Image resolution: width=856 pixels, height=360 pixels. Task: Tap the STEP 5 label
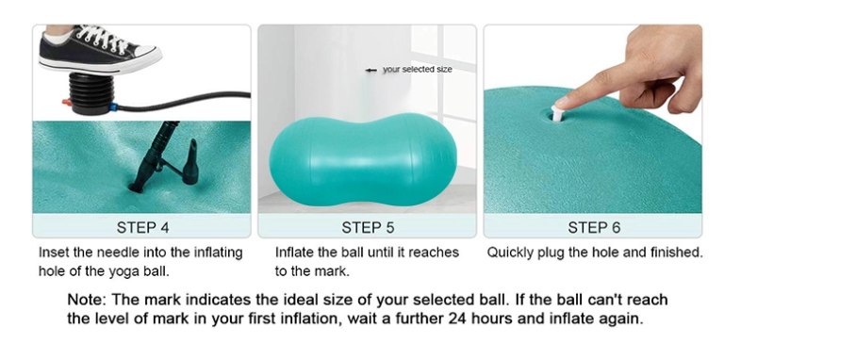pos(368,227)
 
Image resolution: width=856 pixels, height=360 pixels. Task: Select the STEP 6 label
pos(593,227)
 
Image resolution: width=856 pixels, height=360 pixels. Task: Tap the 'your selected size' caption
pos(417,69)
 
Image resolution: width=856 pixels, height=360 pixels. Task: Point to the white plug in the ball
pos(558,113)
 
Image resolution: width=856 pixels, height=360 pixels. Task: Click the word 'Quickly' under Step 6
pos(511,253)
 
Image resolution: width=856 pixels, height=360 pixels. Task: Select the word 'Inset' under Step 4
pos(54,253)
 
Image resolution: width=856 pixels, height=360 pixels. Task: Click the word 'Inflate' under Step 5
pos(294,253)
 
